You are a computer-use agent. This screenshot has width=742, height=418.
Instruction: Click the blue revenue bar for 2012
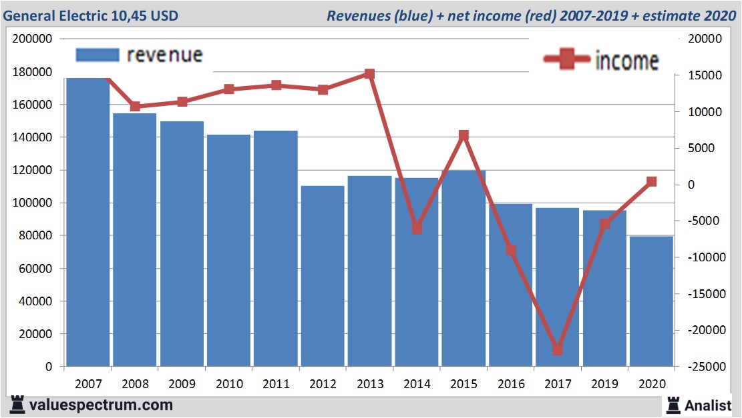click(x=323, y=276)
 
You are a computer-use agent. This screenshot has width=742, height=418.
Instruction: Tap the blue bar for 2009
click(x=182, y=244)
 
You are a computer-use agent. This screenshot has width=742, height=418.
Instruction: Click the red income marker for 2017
click(x=558, y=349)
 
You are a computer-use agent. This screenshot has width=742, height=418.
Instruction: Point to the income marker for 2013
click(x=369, y=74)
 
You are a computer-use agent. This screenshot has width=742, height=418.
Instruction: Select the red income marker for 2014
click(x=417, y=229)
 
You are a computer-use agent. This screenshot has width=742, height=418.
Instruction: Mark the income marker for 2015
click(x=463, y=135)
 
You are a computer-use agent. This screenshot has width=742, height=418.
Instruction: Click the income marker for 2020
click(x=652, y=181)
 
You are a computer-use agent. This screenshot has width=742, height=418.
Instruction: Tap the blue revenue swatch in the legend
click(x=98, y=55)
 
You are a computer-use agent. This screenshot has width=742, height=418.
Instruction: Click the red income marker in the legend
click(x=568, y=60)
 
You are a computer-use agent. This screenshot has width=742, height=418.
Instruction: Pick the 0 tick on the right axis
click(x=691, y=185)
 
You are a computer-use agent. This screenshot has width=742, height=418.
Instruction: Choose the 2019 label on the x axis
click(x=604, y=384)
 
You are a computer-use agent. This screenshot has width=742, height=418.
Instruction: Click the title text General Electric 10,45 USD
click(x=91, y=15)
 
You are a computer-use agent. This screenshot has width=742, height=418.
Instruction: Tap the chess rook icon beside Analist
click(x=673, y=405)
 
